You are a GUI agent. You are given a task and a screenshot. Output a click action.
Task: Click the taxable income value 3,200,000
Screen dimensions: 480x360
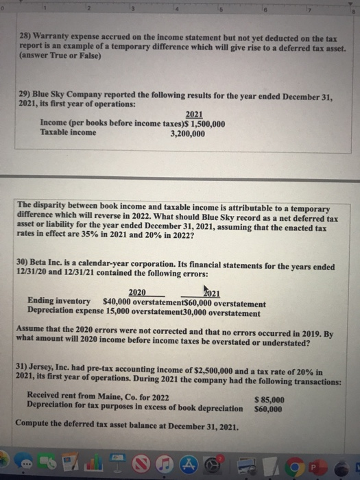pos(187,133)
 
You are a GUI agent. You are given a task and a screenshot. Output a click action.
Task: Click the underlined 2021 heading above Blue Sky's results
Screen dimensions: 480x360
pos(195,115)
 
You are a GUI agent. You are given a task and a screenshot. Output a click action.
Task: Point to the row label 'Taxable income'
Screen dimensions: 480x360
pos(69,133)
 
